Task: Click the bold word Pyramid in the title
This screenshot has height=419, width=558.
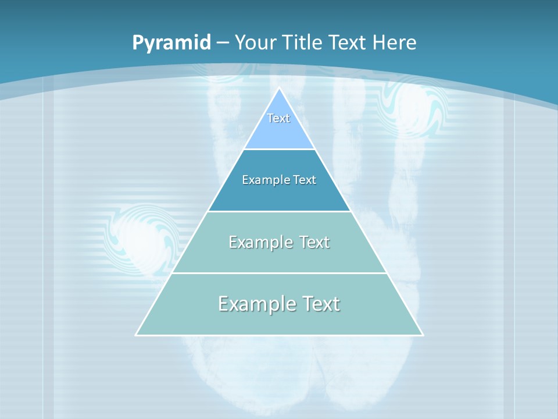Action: pyautogui.click(x=171, y=43)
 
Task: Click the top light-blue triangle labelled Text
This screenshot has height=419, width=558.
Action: pyautogui.click(x=279, y=134)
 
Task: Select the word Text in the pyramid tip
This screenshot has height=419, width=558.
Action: pyautogui.click(x=278, y=118)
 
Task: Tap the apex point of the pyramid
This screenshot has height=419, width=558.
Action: pyautogui.click(x=280, y=88)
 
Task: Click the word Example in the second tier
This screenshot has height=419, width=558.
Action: pyautogui.click(x=260, y=180)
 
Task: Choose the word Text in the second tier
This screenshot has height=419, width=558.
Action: pyautogui.click(x=305, y=180)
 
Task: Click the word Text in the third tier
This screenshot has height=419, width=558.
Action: pyautogui.click(x=314, y=242)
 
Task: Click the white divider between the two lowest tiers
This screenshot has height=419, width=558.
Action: pyautogui.click(x=279, y=273)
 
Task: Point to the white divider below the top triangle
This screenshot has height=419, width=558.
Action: pyautogui.click(x=279, y=150)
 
